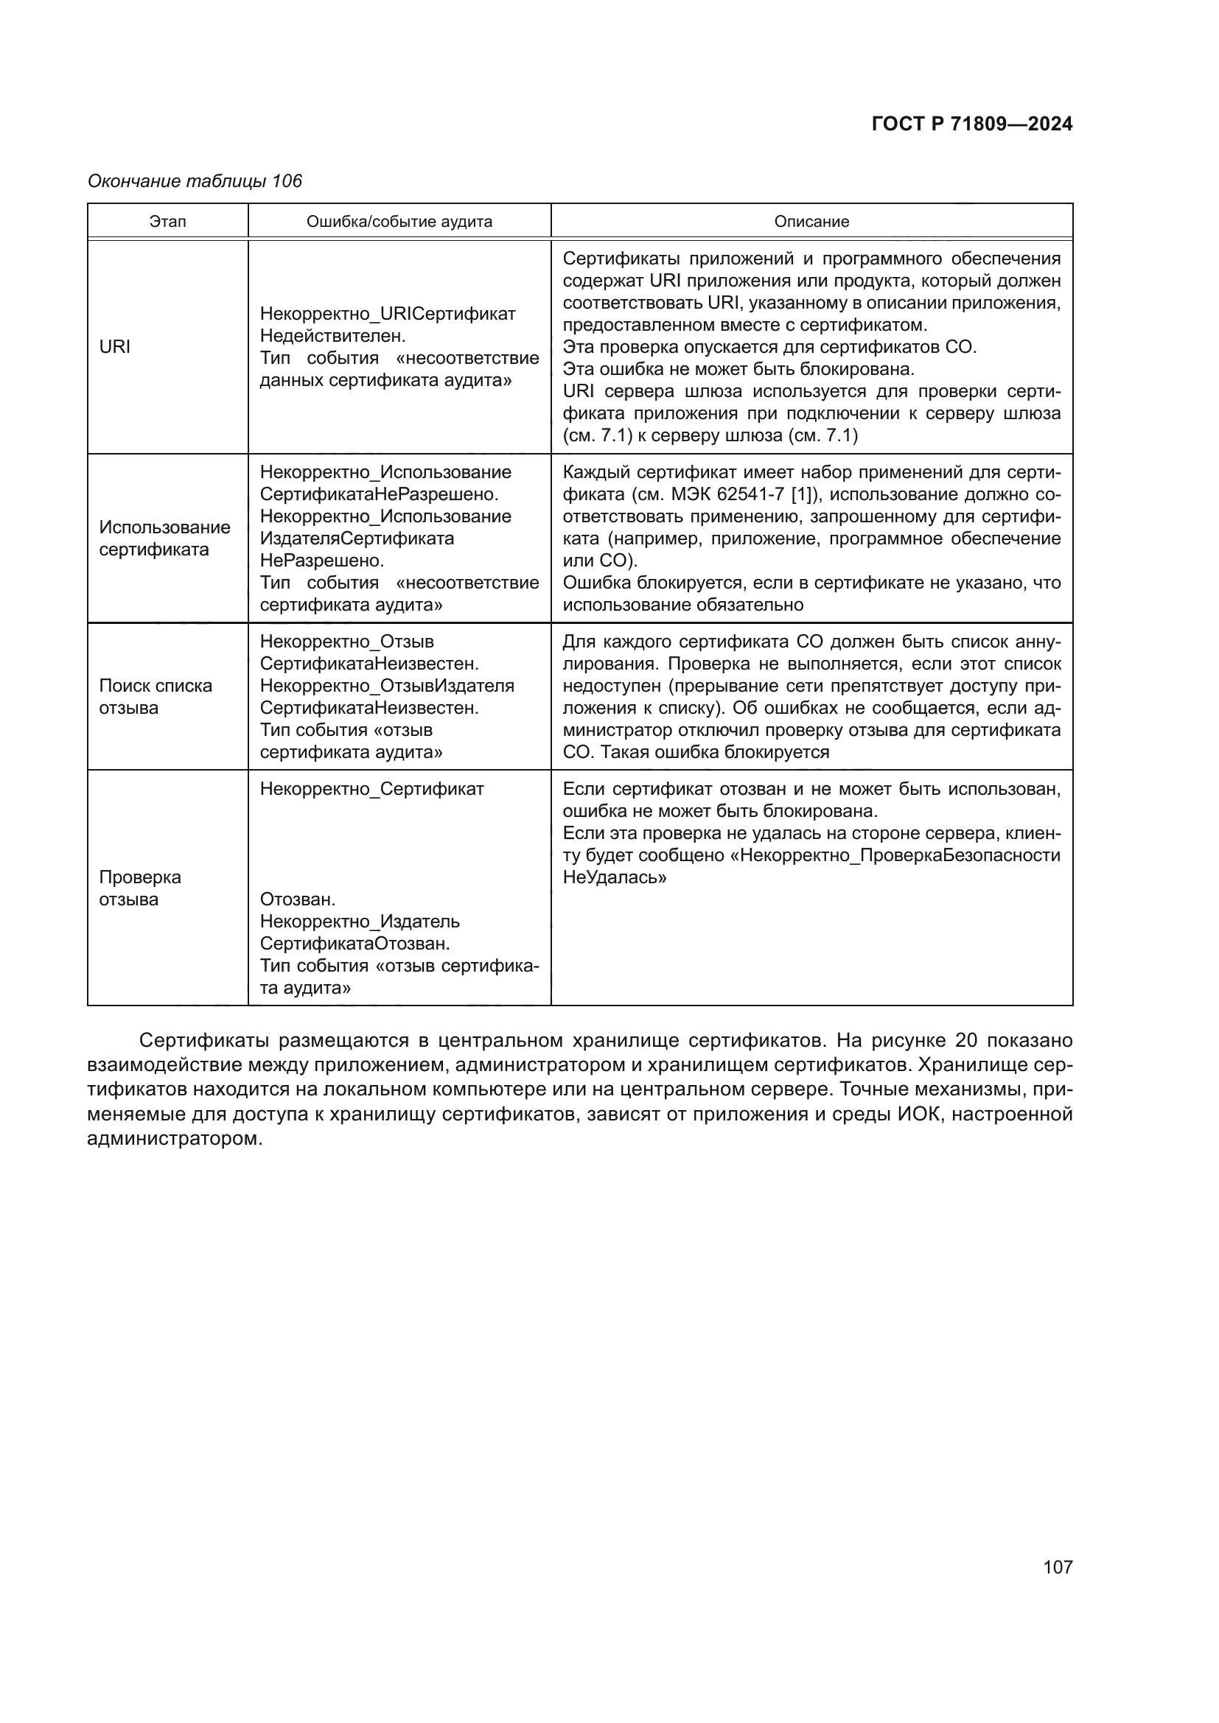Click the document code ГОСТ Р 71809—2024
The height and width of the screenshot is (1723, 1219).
pyautogui.click(x=972, y=124)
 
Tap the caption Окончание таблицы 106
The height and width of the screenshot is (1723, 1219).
pyautogui.click(x=195, y=181)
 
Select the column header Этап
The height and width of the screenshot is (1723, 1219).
pyautogui.click(x=167, y=222)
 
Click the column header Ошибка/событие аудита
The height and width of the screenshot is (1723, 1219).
pyautogui.click(x=399, y=222)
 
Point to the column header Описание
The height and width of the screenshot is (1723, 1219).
pyautogui.click(x=811, y=222)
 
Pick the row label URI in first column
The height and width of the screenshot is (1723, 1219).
pyautogui.click(x=115, y=347)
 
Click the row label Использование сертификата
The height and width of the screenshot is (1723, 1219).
pyautogui.click(x=164, y=538)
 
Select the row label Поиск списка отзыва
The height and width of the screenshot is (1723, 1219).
pyautogui.click(x=156, y=696)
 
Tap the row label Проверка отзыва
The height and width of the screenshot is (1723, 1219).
pyautogui.click(x=139, y=888)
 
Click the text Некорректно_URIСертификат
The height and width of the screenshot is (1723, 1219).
pyautogui.click(x=388, y=314)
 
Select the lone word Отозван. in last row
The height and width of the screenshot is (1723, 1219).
pyautogui.click(x=297, y=899)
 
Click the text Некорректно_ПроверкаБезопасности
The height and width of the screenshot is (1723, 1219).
pyautogui.click(x=900, y=855)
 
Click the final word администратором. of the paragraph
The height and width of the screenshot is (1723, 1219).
pyautogui.click(x=175, y=1138)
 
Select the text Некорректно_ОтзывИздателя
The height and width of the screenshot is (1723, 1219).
pyautogui.click(x=388, y=686)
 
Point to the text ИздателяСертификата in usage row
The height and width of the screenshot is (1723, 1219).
pyautogui.click(x=357, y=538)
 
